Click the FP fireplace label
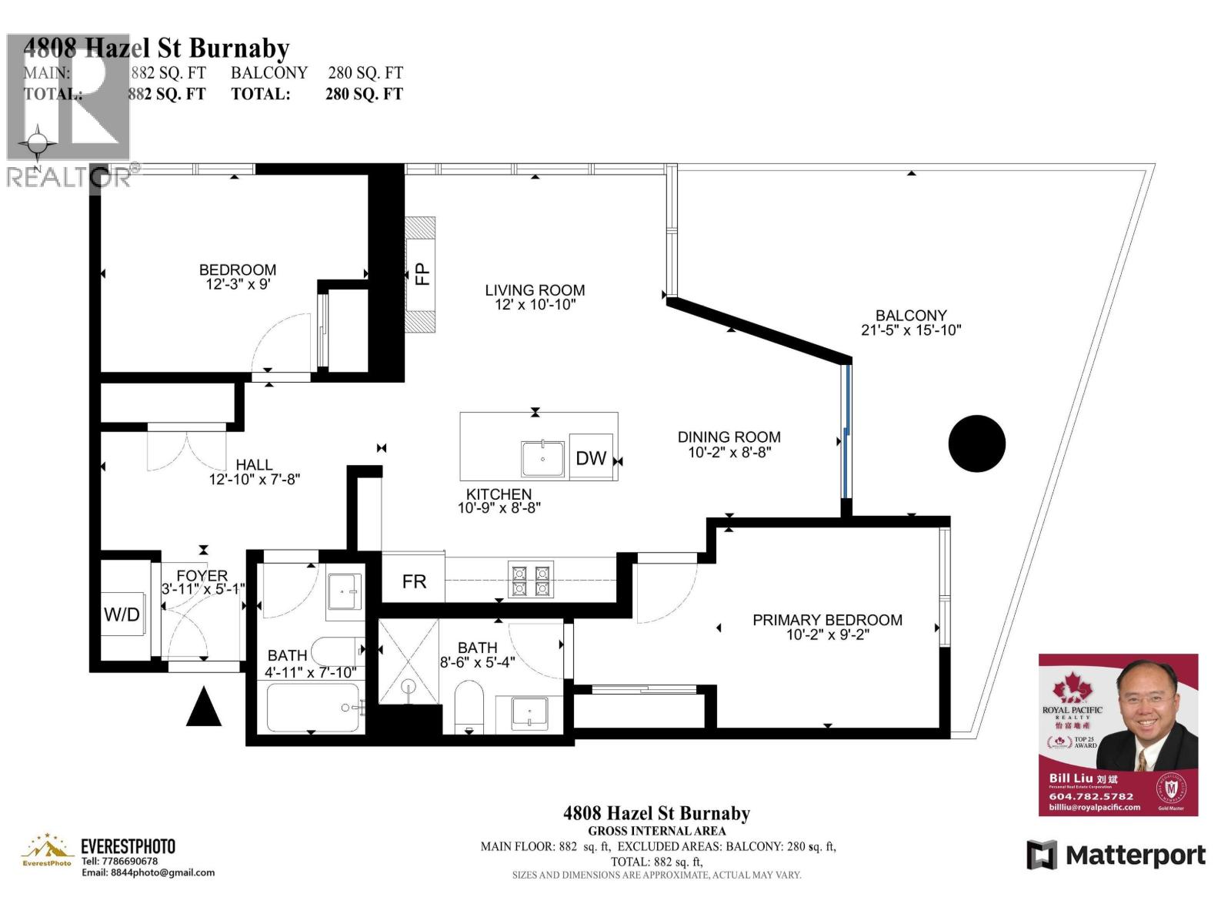(x=422, y=274)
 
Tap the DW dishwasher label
(x=591, y=458)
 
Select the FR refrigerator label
(x=414, y=581)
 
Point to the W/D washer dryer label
(x=122, y=614)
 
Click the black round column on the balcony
(x=976, y=444)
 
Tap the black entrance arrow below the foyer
(x=204, y=707)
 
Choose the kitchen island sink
(x=542, y=459)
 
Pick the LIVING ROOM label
(x=535, y=290)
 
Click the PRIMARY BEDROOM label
(x=827, y=620)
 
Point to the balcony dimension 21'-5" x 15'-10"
(x=911, y=330)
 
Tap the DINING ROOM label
(x=729, y=437)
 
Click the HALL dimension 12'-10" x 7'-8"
(x=254, y=479)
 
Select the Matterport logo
(x=1116, y=855)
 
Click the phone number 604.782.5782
(x=1091, y=796)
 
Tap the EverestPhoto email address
(x=148, y=872)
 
